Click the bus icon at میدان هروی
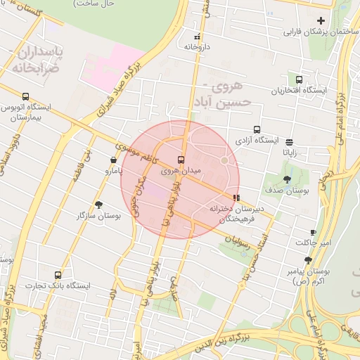point(181,160)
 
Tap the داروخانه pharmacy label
point(198,46)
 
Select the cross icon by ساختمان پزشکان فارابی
point(321,20)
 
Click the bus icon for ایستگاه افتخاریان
point(300,79)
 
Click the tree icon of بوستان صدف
point(287,179)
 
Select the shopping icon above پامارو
point(114,160)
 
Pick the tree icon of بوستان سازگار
point(98,205)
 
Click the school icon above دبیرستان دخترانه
point(236,198)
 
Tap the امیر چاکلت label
point(312,243)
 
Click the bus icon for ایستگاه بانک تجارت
point(58,275)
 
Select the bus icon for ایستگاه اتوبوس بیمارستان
point(26,96)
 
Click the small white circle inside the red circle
point(224,161)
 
